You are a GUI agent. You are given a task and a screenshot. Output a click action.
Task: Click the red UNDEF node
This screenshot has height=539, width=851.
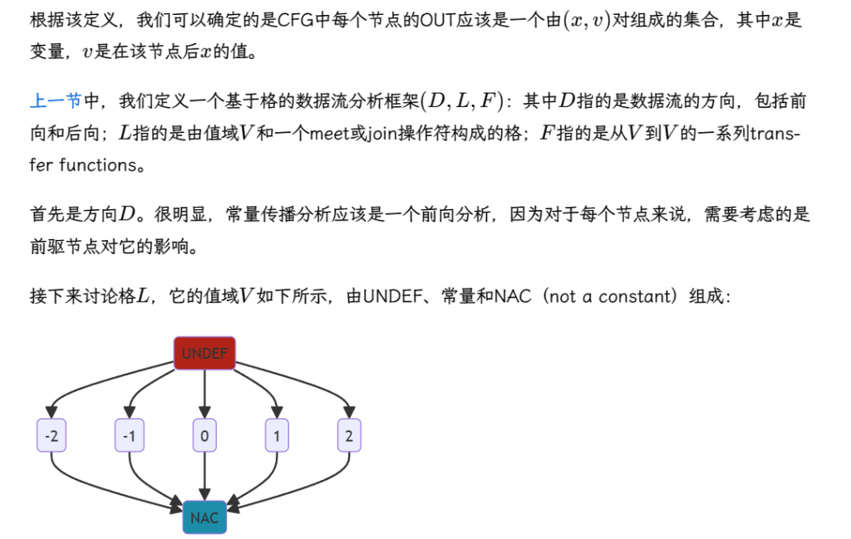204,353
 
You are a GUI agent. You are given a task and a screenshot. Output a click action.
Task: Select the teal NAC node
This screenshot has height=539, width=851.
204,517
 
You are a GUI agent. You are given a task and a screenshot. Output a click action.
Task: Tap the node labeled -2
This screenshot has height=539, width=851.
52,435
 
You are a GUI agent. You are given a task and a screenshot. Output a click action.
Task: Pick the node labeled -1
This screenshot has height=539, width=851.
129,435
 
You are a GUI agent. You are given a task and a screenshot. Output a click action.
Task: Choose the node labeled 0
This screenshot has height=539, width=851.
204,435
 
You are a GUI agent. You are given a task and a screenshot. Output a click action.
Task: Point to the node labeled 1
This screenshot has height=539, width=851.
277,435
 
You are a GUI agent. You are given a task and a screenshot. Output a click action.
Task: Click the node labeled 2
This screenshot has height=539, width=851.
349,435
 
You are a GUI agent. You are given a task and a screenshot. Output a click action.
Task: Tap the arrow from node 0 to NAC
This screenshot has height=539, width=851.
204,476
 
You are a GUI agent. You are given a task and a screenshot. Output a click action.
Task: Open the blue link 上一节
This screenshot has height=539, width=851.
56,100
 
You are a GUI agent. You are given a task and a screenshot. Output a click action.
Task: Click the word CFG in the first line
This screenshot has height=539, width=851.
296,21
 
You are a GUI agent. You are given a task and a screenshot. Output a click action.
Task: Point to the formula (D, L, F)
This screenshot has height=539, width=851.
462,101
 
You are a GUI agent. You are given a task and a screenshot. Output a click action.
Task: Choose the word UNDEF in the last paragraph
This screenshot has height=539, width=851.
392,296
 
